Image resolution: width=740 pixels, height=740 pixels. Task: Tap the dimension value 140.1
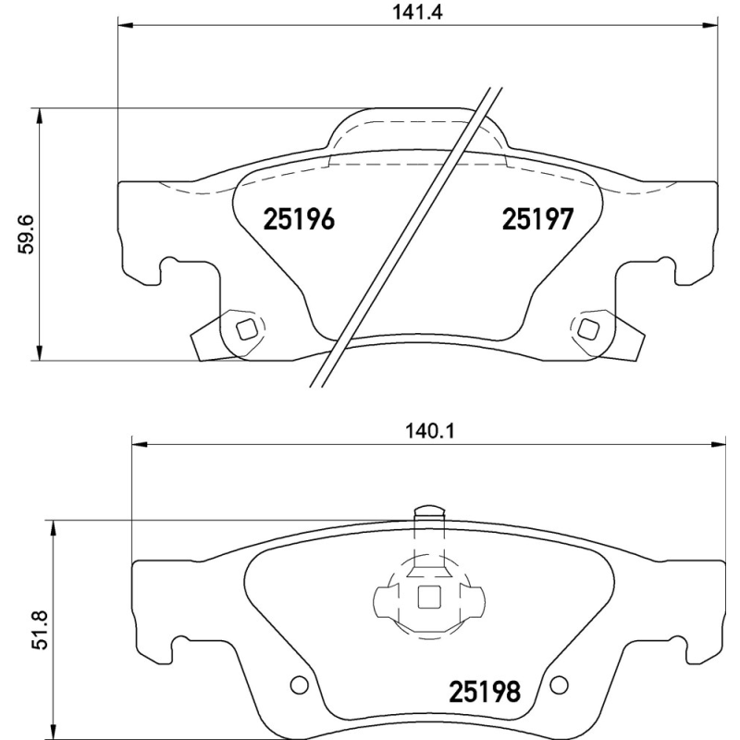click(x=422, y=430)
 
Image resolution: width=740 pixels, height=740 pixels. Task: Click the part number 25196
click(x=298, y=220)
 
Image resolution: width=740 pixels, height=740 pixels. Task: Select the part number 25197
click(x=538, y=220)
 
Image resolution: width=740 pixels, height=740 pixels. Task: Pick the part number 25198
click(x=485, y=690)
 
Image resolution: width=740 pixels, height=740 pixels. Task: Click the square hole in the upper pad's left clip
click(x=246, y=328)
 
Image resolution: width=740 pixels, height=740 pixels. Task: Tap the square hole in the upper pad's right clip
click(x=587, y=327)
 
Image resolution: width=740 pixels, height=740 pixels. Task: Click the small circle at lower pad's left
click(x=298, y=684)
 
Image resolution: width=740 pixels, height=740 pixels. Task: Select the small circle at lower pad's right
click(x=558, y=684)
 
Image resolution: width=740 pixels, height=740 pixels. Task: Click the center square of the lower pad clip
click(x=428, y=598)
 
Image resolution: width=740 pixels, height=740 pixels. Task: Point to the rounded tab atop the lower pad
click(x=428, y=511)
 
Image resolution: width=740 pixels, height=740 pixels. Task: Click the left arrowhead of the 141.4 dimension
click(x=124, y=26)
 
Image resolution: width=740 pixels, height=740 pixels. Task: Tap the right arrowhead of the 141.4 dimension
click(x=711, y=26)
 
